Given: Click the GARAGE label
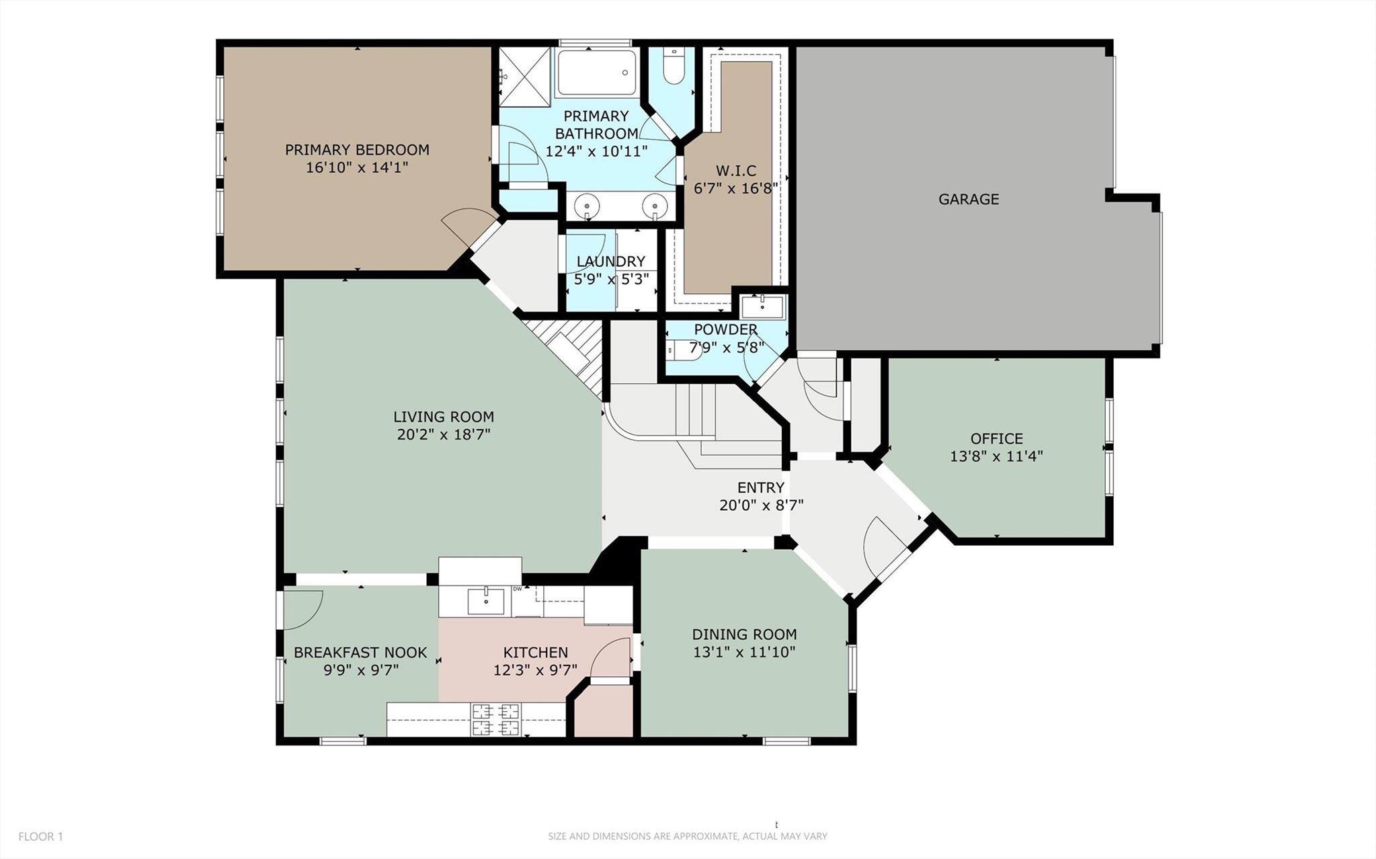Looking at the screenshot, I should (x=968, y=199).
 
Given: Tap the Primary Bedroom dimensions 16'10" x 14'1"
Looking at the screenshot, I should (x=357, y=167).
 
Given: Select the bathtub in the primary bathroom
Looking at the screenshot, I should (x=596, y=73).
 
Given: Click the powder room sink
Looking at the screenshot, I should (x=762, y=307).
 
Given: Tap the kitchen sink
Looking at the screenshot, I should (x=486, y=601).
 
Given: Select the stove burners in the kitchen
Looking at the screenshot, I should (x=496, y=719).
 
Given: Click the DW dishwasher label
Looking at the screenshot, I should (x=518, y=589).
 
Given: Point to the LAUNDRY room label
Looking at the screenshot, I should (x=610, y=261).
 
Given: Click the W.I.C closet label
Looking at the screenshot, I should (x=735, y=171).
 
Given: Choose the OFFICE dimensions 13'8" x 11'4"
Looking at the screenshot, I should (x=996, y=456).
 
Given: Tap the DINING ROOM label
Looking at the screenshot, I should (x=744, y=634).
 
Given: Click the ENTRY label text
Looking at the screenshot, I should (x=760, y=487).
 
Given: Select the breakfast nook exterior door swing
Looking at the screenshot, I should (x=302, y=609).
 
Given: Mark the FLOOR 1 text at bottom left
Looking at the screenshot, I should (x=40, y=837).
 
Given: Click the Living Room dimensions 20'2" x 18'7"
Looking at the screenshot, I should (x=443, y=434).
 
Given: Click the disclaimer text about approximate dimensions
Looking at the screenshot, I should (x=687, y=837).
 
